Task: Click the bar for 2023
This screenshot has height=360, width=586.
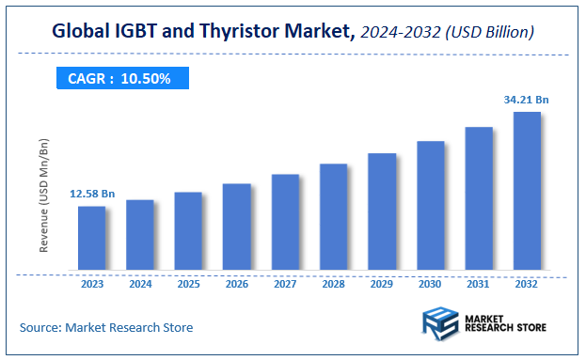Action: (x=91, y=239)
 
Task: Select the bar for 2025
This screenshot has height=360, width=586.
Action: (x=188, y=231)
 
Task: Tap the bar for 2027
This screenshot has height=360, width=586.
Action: (x=285, y=223)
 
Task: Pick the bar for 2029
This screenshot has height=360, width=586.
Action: (x=382, y=212)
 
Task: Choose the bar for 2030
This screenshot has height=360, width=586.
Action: (x=430, y=207)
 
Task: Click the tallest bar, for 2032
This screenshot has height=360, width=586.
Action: (x=527, y=192)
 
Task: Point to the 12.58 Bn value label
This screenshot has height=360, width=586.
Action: (x=91, y=194)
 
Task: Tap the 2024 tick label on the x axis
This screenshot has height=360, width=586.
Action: (x=140, y=283)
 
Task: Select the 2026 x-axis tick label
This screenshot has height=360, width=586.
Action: (x=237, y=283)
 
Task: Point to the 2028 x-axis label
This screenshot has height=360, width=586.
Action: (x=334, y=283)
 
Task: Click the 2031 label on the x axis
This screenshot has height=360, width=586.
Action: (x=479, y=283)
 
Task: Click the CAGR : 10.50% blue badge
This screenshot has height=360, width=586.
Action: (x=119, y=79)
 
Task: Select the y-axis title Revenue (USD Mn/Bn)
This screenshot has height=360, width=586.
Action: (x=43, y=195)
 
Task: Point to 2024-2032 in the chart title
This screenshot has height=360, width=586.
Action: (x=407, y=33)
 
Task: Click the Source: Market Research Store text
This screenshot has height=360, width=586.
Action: (x=105, y=328)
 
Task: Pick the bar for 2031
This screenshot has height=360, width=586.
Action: (x=479, y=199)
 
